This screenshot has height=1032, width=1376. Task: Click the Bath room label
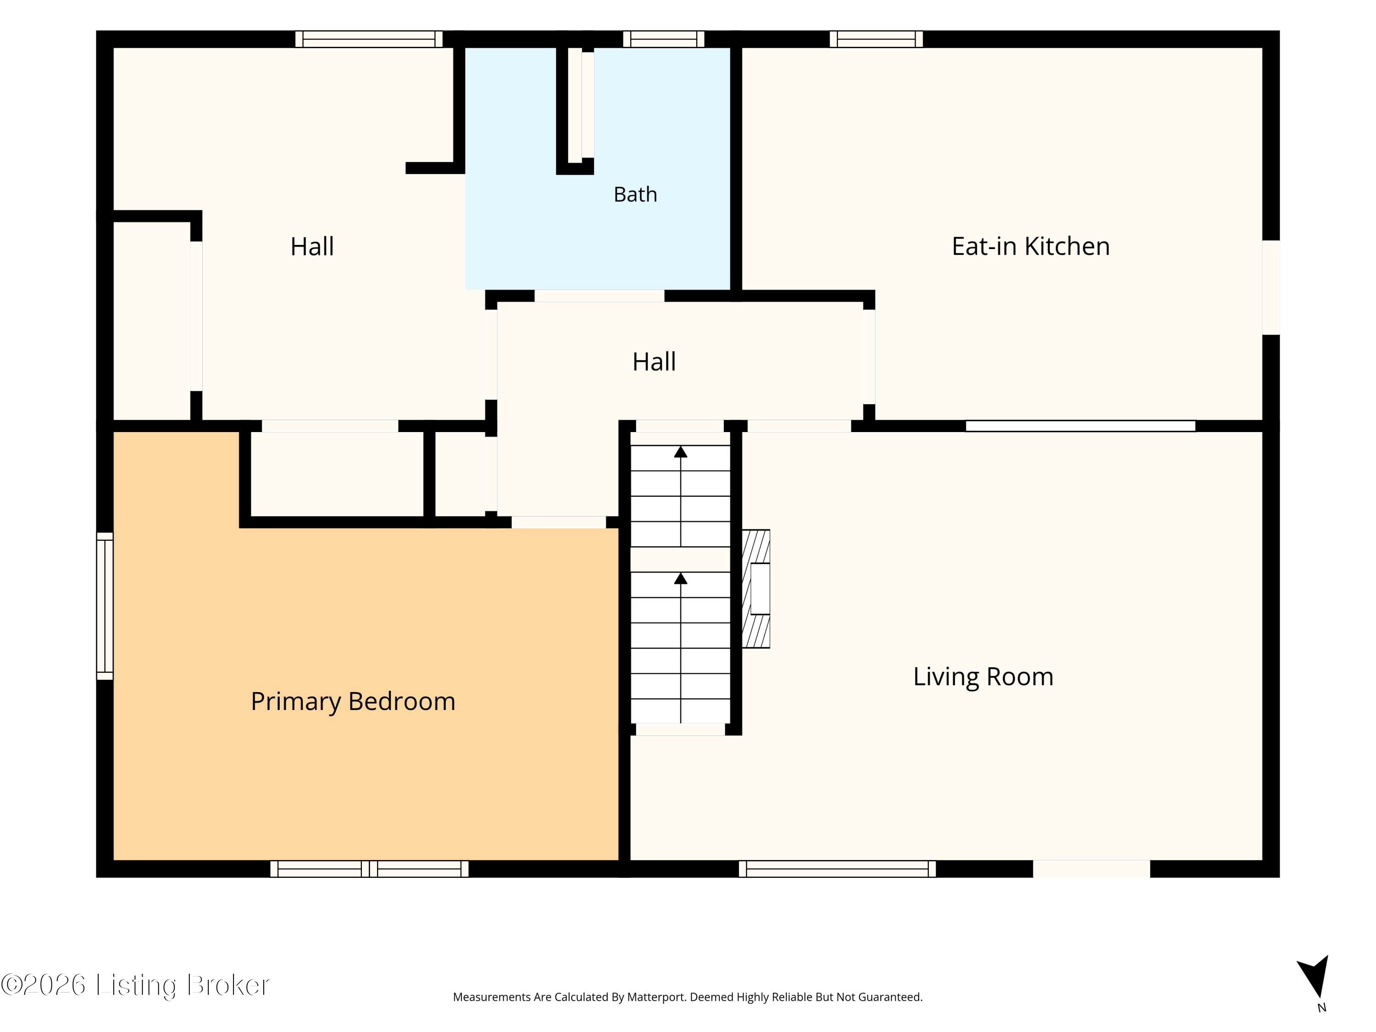point(635,195)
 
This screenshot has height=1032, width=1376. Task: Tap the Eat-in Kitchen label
point(1031,246)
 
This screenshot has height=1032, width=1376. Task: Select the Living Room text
point(983,677)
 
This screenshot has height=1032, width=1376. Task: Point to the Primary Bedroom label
point(353,702)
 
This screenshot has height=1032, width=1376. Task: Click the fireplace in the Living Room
point(756,588)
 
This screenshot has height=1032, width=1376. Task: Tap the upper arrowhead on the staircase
point(681,452)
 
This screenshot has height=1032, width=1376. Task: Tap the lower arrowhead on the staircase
point(681,578)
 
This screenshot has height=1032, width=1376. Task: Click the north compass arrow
point(1315,977)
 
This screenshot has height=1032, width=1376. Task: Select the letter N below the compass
point(1322,1008)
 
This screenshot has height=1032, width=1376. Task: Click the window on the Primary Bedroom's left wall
point(105,606)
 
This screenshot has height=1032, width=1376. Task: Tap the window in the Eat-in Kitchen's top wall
point(876,39)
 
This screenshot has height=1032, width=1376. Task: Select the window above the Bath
point(664,39)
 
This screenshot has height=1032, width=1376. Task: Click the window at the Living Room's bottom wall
point(837,869)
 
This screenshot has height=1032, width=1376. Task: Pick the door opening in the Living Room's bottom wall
point(1092,869)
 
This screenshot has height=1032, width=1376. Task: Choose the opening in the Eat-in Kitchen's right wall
point(1271,288)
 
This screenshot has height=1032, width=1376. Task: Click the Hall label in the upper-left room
point(312,246)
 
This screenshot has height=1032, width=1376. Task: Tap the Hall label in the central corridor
point(654,361)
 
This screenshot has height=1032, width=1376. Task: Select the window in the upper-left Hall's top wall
point(369,39)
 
